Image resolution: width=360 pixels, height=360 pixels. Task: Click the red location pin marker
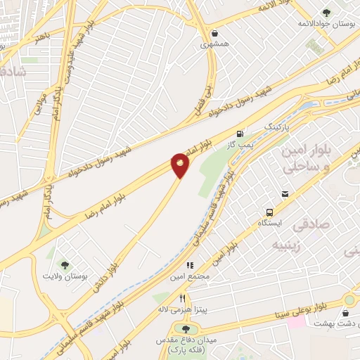[x=180, y=165]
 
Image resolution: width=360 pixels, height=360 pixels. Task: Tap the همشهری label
[x=214, y=44]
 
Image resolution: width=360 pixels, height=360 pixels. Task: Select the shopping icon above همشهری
[x=214, y=32]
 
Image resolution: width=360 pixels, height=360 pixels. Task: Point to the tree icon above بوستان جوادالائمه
[x=326, y=13]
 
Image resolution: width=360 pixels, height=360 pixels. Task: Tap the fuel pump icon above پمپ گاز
[x=240, y=134]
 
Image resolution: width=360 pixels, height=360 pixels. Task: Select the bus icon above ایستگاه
[x=269, y=212]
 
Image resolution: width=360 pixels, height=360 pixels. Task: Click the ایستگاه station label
[x=270, y=223]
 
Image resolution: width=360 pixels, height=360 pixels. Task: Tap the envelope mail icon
[x=285, y=194]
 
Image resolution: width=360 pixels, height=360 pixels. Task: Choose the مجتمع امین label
[x=186, y=276]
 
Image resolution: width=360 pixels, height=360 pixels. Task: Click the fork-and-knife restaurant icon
[x=183, y=297]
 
